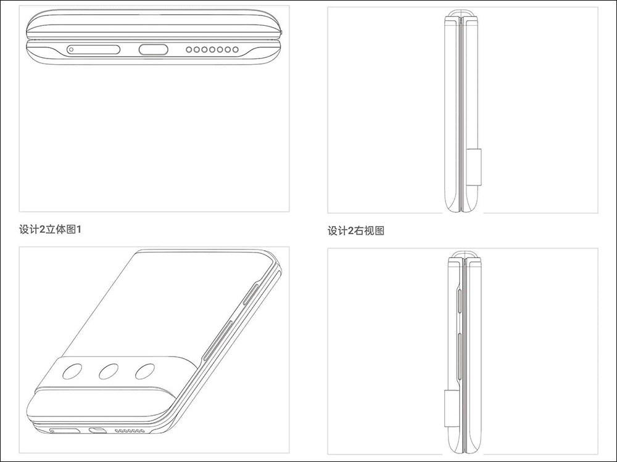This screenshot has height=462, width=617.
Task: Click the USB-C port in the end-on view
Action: click(x=153, y=49)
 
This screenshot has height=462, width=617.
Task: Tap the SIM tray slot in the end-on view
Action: click(x=93, y=49)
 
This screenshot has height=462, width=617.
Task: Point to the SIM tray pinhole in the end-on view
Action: click(x=71, y=49)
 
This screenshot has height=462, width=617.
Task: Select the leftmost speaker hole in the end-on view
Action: click(x=189, y=49)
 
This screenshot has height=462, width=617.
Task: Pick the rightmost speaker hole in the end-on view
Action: click(x=235, y=49)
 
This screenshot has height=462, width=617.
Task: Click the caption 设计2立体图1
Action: click(x=50, y=229)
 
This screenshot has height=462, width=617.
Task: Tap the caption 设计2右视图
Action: click(x=356, y=230)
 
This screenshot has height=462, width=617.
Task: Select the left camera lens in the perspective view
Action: click(x=72, y=371)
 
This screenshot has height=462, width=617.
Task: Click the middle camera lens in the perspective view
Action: click(x=109, y=371)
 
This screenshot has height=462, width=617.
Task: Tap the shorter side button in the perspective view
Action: click(x=251, y=293)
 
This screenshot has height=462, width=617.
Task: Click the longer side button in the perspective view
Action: click(x=218, y=339)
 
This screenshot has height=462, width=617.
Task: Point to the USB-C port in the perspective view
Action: click(x=97, y=430)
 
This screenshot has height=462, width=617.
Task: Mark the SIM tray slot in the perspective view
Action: click(x=65, y=431)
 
